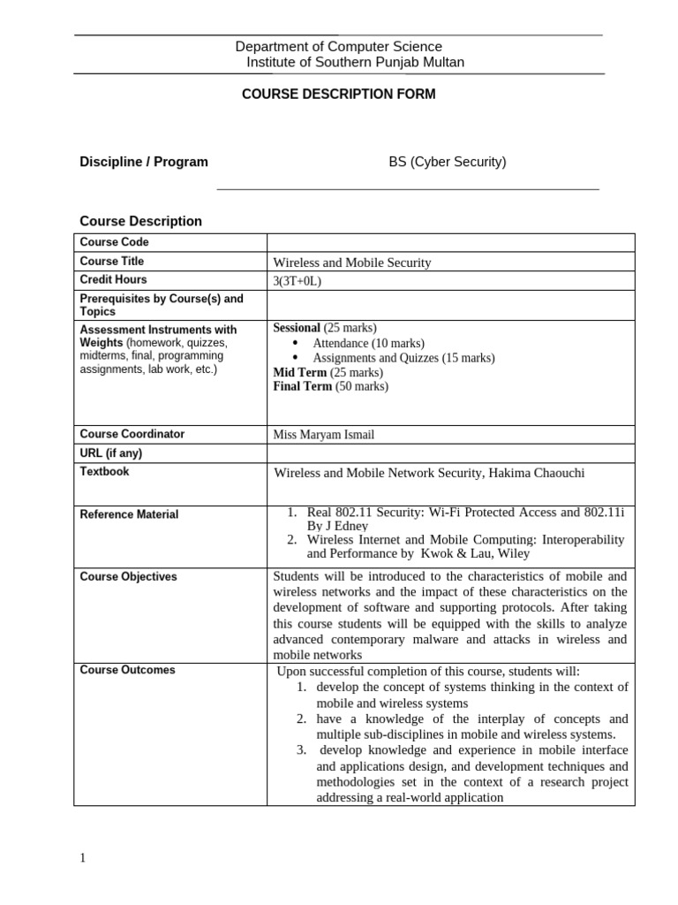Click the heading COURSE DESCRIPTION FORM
[x=338, y=95]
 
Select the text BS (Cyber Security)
[x=448, y=162]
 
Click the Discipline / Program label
[x=144, y=162]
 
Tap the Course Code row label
[x=115, y=242]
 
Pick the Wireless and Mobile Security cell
[x=352, y=262]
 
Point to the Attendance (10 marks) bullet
[x=368, y=343]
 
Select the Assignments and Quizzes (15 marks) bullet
[x=403, y=358]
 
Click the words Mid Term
[x=299, y=372]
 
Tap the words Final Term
[x=303, y=386]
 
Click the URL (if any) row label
[x=111, y=453]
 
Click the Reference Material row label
[x=129, y=514]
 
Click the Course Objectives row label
[x=128, y=577]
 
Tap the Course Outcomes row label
[x=127, y=670]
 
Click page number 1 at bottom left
[x=83, y=858]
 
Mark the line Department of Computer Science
[x=338, y=47]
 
